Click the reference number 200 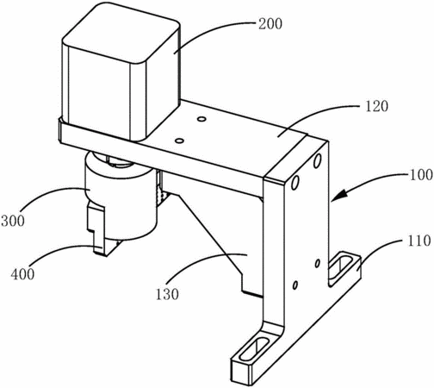[270, 24]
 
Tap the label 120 [376, 106]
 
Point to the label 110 [419, 241]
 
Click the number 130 [167, 294]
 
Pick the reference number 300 [13, 221]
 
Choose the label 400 [22, 274]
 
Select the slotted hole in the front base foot [254, 348]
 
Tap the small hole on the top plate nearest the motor [201, 118]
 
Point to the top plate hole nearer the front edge [179, 141]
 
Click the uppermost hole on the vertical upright [317, 160]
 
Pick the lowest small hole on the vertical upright [294, 285]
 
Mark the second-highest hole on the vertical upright [295, 182]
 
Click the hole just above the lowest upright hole [318, 263]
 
